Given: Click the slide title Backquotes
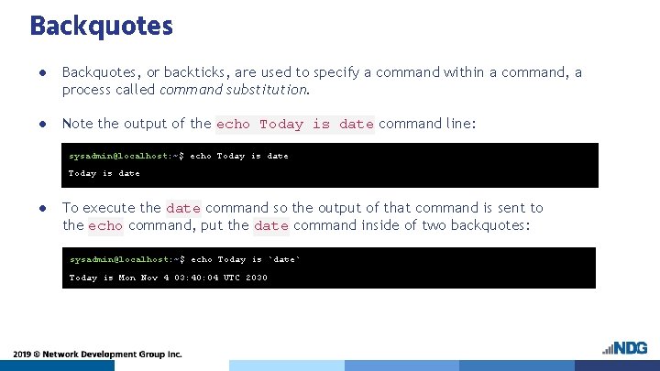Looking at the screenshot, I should point(101,26).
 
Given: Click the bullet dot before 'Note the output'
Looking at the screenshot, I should point(41,124).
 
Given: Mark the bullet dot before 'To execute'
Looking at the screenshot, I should point(41,208).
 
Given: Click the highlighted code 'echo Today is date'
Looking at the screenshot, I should point(294,125).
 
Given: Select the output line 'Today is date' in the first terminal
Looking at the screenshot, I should point(104,173).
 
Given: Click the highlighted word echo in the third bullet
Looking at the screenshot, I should point(105,226).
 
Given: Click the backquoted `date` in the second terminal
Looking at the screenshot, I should point(284,259).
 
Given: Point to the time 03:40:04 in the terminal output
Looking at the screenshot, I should point(193,278).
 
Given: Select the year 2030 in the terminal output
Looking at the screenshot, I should point(257,278).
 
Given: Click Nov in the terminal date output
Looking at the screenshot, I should point(148,278).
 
